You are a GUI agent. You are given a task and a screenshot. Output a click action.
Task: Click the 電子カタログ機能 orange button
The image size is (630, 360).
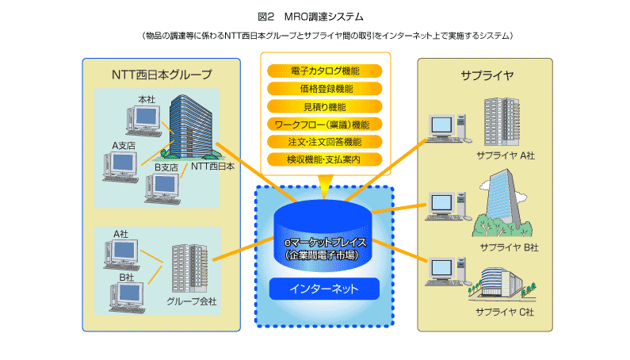(325, 71)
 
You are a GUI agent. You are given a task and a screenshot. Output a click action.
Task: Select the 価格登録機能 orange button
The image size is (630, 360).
(325, 88)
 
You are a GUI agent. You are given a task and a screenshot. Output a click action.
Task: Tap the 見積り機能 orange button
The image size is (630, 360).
(325, 105)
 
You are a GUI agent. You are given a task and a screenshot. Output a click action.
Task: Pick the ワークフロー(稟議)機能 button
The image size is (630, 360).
(325, 124)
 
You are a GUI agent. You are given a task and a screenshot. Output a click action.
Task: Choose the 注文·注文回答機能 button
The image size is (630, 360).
(325, 141)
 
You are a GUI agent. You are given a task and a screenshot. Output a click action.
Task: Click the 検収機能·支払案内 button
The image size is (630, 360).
(325, 159)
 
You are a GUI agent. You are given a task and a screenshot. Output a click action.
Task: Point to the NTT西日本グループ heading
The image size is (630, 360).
(161, 75)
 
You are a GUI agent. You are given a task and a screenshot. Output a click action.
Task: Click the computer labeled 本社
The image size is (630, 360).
(143, 119)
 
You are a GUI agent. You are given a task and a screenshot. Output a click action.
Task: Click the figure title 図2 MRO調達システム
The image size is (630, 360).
(314, 16)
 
